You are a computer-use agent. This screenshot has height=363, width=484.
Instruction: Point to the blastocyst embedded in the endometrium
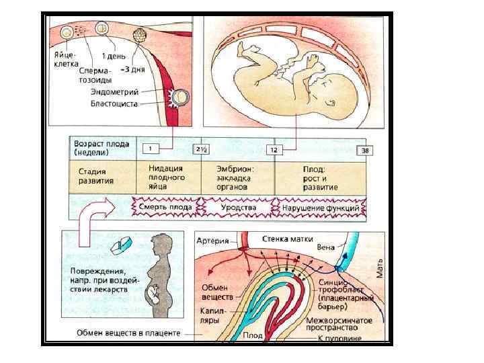pos(179,98)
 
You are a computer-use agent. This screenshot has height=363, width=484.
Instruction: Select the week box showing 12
pos(273,150)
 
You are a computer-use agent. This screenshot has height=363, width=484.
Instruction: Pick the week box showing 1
pos(152,148)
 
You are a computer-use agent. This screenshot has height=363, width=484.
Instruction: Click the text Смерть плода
pos(165,208)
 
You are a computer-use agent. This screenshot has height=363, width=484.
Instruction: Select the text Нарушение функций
pos(323,208)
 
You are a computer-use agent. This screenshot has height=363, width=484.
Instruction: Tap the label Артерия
pos(212,240)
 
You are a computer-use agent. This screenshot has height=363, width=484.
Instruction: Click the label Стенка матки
pos(286,237)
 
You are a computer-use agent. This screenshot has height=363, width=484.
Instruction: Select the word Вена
pos(325,247)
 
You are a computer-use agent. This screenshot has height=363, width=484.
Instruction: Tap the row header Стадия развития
pos(91,176)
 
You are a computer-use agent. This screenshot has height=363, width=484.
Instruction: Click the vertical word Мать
pos(380,270)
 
